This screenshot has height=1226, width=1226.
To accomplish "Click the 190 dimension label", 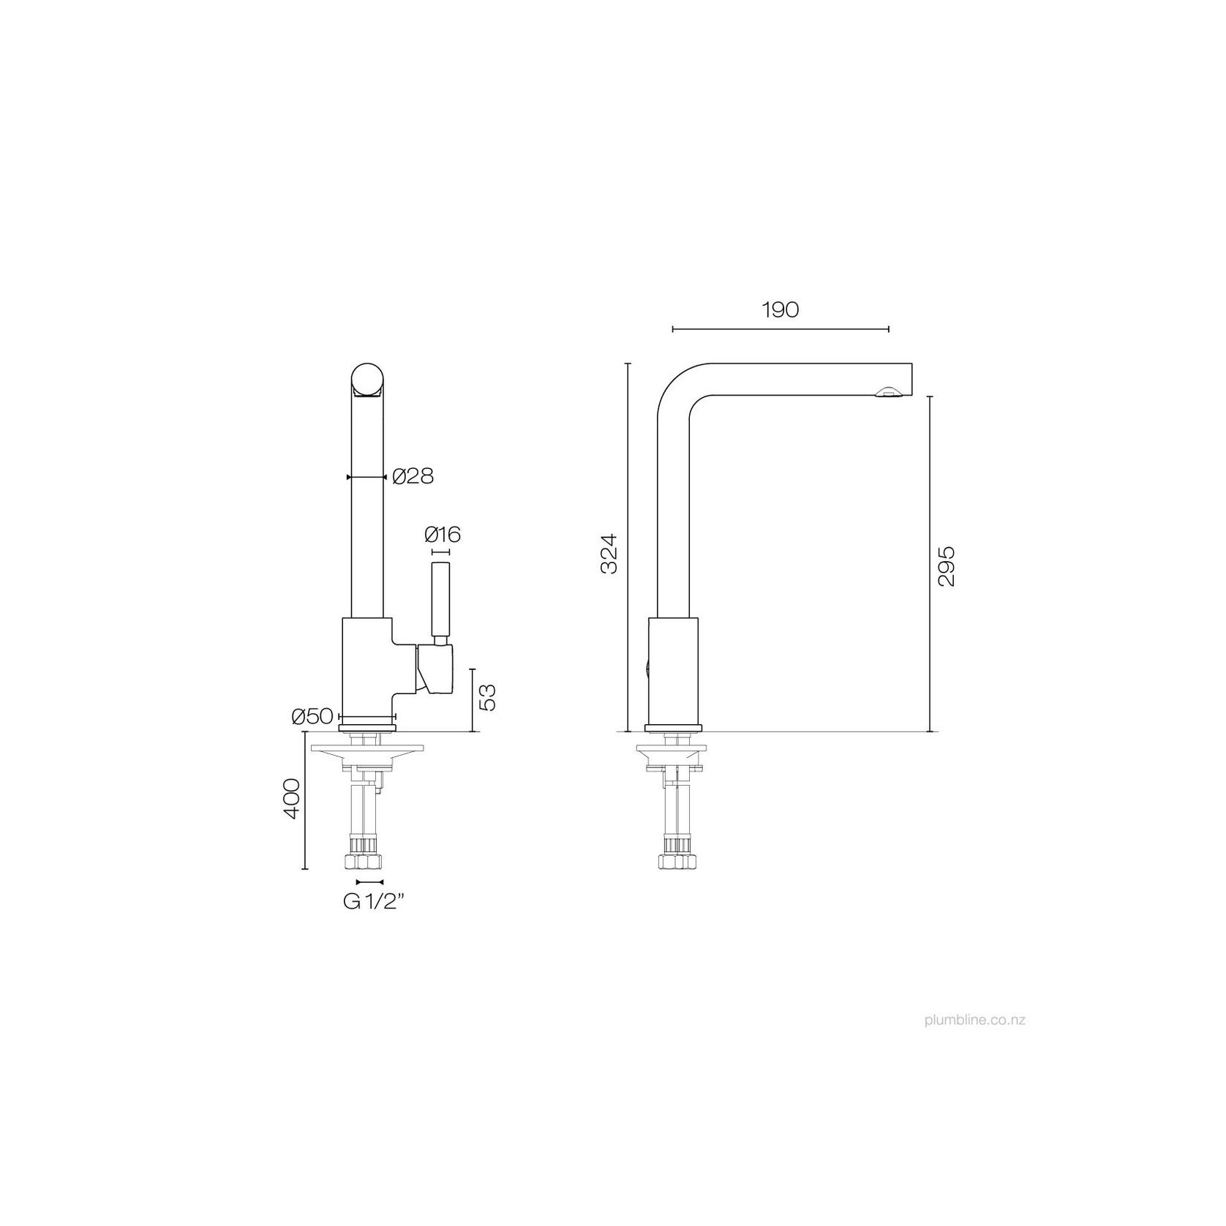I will pyautogui.click(x=780, y=310).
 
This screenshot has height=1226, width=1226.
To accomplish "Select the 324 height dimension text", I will pyautogui.click(x=609, y=554).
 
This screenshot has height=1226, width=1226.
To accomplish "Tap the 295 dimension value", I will pyautogui.click(x=946, y=565).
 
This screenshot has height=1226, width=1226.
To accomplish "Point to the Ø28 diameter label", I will pyautogui.click(x=413, y=477).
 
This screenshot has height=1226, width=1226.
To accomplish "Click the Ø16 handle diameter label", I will pyautogui.click(x=442, y=535).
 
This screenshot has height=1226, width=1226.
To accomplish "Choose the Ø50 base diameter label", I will pyautogui.click(x=313, y=717).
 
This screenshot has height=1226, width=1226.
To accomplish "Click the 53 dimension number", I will pyautogui.click(x=488, y=696).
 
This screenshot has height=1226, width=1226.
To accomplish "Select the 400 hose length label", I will pyautogui.click(x=291, y=799).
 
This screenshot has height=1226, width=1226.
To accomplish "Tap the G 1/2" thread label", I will pyautogui.click(x=374, y=902).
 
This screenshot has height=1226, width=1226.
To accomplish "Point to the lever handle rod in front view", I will pyautogui.click(x=440, y=599).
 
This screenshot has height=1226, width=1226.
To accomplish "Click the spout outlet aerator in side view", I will pyautogui.click(x=887, y=394).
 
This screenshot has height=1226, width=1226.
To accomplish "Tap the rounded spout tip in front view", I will pyautogui.click(x=367, y=380).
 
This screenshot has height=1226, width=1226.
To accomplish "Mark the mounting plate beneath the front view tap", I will pyautogui.click(x=366, y=749).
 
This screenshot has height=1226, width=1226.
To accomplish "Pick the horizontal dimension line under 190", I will pyautogui.click(x=780, y=330).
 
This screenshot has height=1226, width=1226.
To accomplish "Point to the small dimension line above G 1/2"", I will pyautogui.click(x=369, y=882).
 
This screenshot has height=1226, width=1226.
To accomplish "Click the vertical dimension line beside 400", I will pyautogui.click(x=304, y=800).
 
